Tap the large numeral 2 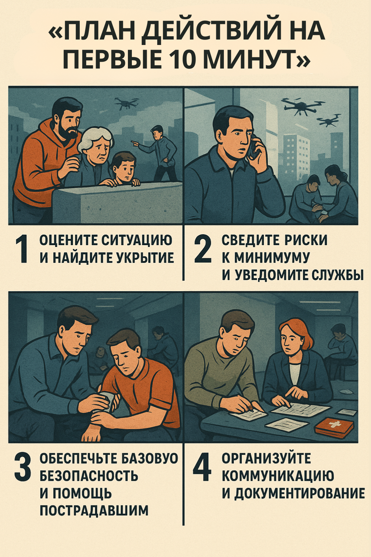tap(203, 249)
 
